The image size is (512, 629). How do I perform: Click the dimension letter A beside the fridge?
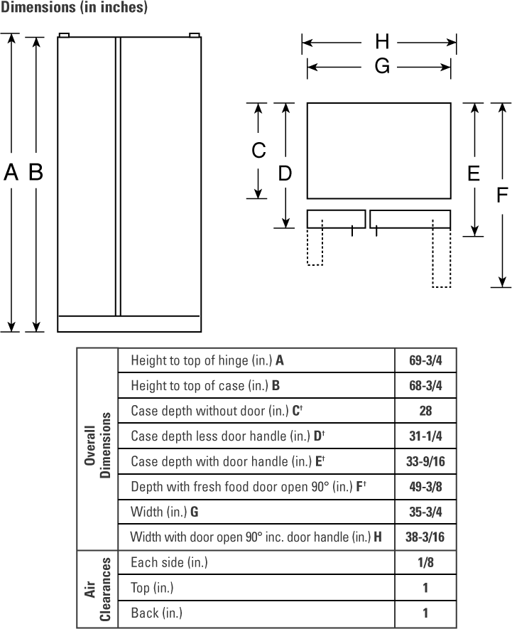pyautogui.click(x=11, y=172)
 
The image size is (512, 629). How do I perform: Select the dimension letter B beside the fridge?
pyautogui.click(x=36, y=172)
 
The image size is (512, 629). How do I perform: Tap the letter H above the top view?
pyautogui.click(x=382, y=42)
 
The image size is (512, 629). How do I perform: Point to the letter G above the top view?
pyautogui.click(x=382, y=66)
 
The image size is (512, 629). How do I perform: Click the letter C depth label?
pyautogui.click(x=258, y=151)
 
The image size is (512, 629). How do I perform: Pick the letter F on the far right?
pyautogui.click(x=502, y=195)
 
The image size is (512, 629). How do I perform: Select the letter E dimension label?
pyautogui.click(x=474, y=173)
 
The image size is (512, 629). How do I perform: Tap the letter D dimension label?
pyautogui.click(x=285, y=173)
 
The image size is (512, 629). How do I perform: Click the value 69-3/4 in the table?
pyautogui.click(x=425, y=360)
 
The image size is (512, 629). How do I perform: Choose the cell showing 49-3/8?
pyautogui.click(x=425, y=487)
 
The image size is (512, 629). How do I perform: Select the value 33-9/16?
pyautogui.click(x=425, y=461)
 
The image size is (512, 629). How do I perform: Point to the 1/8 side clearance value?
pyautogui.click(x=425, y=562)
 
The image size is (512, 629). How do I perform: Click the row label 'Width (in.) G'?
pyautogui.click(x=164, y=512)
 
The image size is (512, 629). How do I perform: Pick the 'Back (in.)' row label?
pyautogui.click(x=156, y=613)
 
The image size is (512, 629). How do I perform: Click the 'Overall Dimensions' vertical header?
pyautogui.click(x=97, y=445)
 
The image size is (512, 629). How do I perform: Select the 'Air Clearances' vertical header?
pyautogui.click(x=97, y=589)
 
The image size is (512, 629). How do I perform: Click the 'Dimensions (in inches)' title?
pyautogui.click(x=74, y=7)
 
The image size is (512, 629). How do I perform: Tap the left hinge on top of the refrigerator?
pyautogui.click(x=64, y=36)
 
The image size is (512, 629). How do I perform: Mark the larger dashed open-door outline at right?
pyautogui.click(x=442, y=254)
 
